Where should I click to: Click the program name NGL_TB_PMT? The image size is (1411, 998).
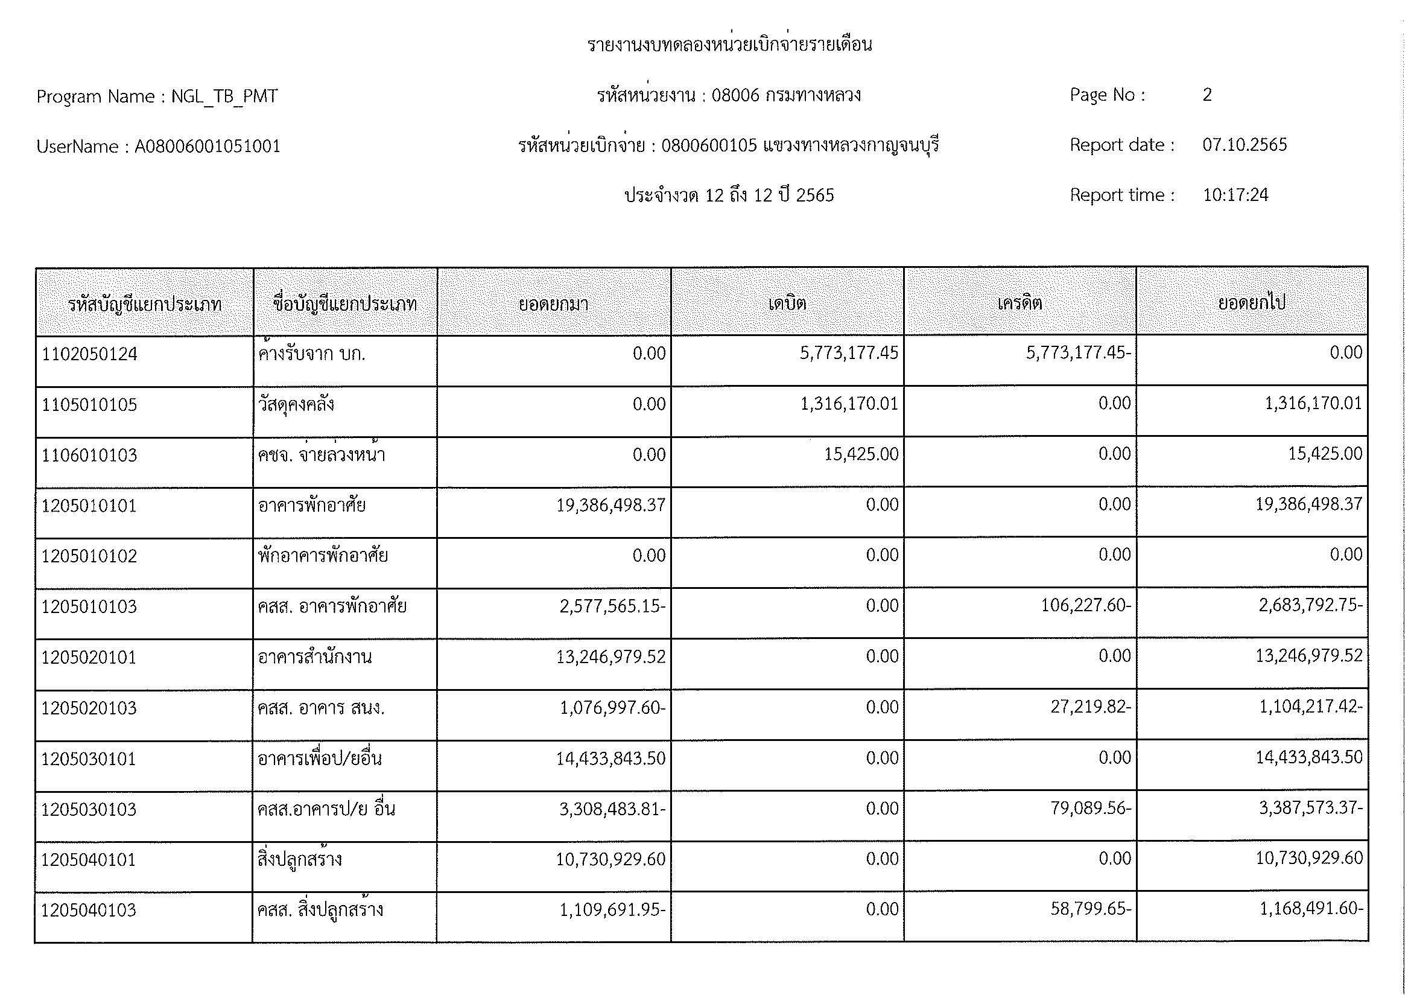(x=224, y=97)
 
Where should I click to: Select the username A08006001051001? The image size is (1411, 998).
(x=207, y=146)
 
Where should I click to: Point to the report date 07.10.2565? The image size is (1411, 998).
(x=1245, y=145)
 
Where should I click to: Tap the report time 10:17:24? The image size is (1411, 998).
(x=1235, y=195)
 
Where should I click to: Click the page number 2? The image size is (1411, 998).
(x=1207, y=95)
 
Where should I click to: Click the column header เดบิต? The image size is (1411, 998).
(x=787, y=304)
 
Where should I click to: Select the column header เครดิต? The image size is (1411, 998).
(x=1019, y=304)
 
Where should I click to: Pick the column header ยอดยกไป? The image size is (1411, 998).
(x=1252, y=304)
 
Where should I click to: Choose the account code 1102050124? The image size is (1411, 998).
(x=90, y=354)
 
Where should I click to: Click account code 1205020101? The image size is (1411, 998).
(x=89, y=658)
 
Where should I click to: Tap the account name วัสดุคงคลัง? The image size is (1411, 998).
(x=296, y=404)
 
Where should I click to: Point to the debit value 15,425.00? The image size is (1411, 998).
(x=861, y=455)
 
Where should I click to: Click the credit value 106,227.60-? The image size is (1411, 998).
(x=1085, y=606)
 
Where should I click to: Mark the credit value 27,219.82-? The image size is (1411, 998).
(x=1090, y=707)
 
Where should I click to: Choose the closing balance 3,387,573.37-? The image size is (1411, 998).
(x=1310, y=807)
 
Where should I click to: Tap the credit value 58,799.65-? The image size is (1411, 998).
(x=1090, y=909)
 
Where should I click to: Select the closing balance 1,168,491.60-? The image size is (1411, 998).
(x=1311, y=909)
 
